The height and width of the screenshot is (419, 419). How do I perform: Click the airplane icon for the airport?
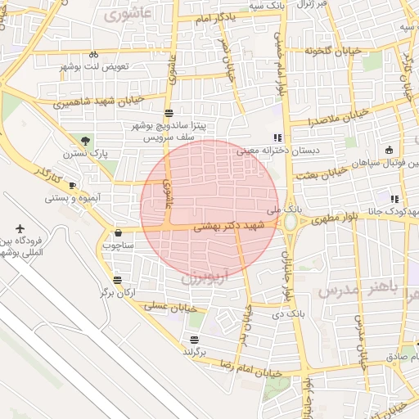click(20, 228)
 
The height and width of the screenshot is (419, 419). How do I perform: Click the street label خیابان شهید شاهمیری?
click(98, 101)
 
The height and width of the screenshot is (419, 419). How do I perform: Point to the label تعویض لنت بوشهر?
click(124, 66)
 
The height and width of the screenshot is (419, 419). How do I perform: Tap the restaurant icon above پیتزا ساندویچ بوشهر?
click(169, 114)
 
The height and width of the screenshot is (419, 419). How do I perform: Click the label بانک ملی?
click(289, 209)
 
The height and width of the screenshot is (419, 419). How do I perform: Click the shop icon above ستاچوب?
click(119, 232)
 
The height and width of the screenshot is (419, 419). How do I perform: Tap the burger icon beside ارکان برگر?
click(104, 293)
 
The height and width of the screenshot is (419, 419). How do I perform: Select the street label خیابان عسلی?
click(173, 305)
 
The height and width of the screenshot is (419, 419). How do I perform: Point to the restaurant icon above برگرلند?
click(194, 340)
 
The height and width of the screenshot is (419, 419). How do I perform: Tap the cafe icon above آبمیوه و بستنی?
click(73, 185)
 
